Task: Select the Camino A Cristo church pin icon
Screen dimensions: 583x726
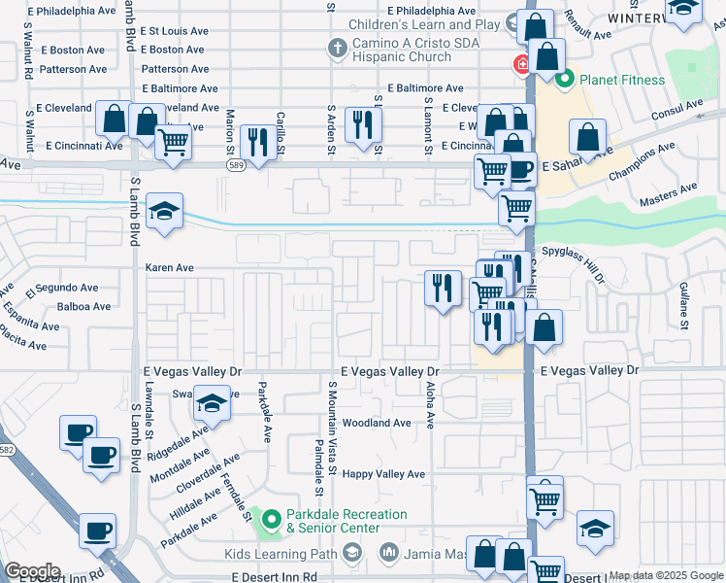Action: click(337, 48)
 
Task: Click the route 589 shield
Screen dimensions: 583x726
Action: click(236, 165)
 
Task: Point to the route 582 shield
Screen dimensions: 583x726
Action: click(6, 449)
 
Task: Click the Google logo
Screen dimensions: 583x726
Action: click(32, 571)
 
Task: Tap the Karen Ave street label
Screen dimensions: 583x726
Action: click(170, 267)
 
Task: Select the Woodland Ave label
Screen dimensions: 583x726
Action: click(377, 423)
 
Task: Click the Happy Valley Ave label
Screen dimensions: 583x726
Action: click(384, 474)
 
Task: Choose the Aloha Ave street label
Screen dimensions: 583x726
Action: click(429, 398)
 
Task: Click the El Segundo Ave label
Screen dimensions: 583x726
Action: click(62, 288)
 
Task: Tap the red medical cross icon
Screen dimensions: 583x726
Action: click(522, 65)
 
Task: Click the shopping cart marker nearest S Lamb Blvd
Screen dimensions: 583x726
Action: click(173, 142)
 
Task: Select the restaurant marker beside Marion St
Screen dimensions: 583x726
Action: click(256, 143)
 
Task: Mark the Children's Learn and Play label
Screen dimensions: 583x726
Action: click(429, 23)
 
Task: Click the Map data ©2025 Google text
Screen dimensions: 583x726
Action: click(666, 575)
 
